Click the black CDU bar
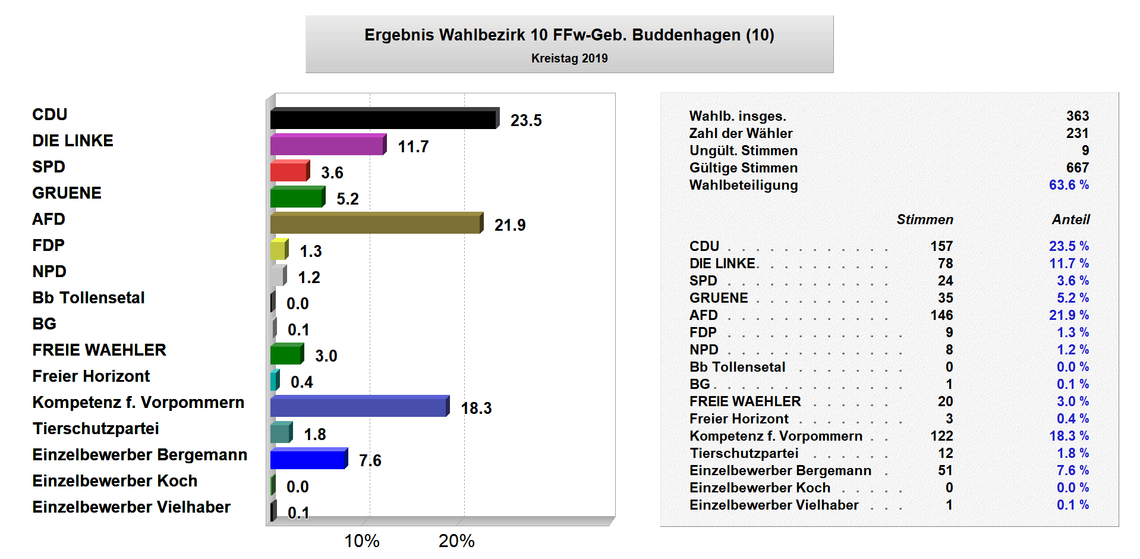coord(383,120)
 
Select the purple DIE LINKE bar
coord(327,146)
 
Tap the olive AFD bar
coord(375,224)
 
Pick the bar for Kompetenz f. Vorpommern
coord(358,407)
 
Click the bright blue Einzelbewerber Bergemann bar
coord(307,460)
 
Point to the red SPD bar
coord(289,172)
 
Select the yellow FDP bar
coord(278,250)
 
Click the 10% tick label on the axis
coord(362,541)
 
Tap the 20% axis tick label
coord(456,541)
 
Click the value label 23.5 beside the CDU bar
coord(526,121)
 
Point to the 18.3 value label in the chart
coord(476,409)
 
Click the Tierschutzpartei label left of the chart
coord(96,429)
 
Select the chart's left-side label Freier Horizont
coord(91,376)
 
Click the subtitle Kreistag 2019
coord(569,58)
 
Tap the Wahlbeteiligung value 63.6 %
coord(1069,185)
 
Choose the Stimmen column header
coord(925,220)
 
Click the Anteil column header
coord(1070,220)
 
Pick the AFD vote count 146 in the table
coord(941,315)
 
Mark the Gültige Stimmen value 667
coord(1077,168)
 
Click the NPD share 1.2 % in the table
coord(1072,350)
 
